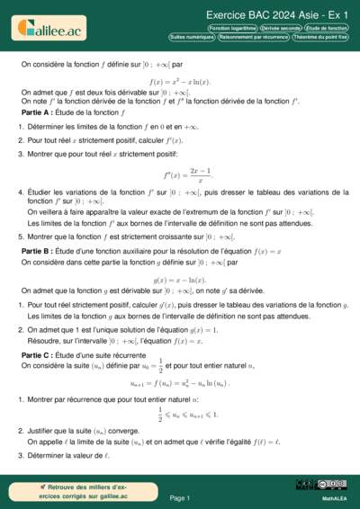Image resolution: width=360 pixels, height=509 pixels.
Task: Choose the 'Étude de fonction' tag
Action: (x=326, y=29)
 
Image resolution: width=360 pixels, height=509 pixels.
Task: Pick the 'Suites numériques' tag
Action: (x=192, y=38)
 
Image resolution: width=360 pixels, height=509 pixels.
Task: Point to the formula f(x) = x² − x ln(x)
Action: (x=180, y=82)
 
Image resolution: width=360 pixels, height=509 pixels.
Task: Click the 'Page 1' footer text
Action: (x=180, y=497)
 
